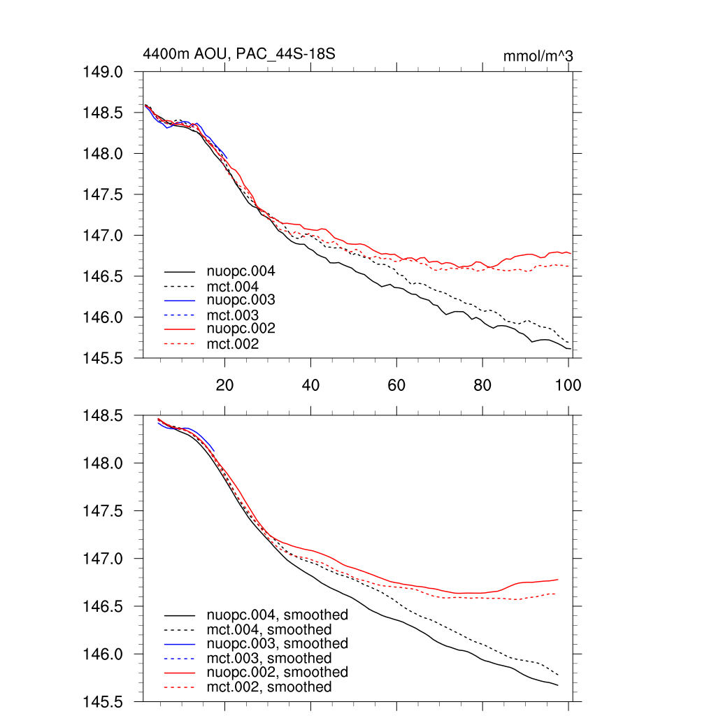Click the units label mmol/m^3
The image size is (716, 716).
(x=538, y=56)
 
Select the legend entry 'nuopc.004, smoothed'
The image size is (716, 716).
(x=278, y=615)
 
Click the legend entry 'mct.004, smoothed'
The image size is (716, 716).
(x=269, y=630)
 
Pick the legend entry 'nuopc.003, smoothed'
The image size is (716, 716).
(x=278, y=643)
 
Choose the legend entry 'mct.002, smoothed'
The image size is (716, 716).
(x=269, y=687)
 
